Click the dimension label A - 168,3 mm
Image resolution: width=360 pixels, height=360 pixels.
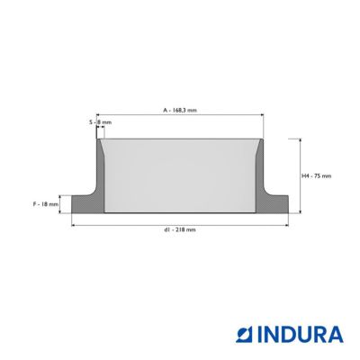pos(180,110)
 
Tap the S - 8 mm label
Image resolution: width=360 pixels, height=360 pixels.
pos(100,122)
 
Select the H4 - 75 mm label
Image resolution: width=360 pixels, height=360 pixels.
pos(317,176)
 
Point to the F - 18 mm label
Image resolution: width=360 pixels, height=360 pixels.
pos(46,204)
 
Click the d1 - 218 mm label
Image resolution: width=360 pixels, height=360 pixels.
pos(180,229)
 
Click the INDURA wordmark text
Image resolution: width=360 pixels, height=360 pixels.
pos(300,335)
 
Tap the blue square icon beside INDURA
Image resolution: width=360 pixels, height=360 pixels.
pos(245,335)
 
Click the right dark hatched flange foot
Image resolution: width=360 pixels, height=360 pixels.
pos(273,204)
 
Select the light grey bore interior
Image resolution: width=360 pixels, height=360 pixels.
pos(180,176)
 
